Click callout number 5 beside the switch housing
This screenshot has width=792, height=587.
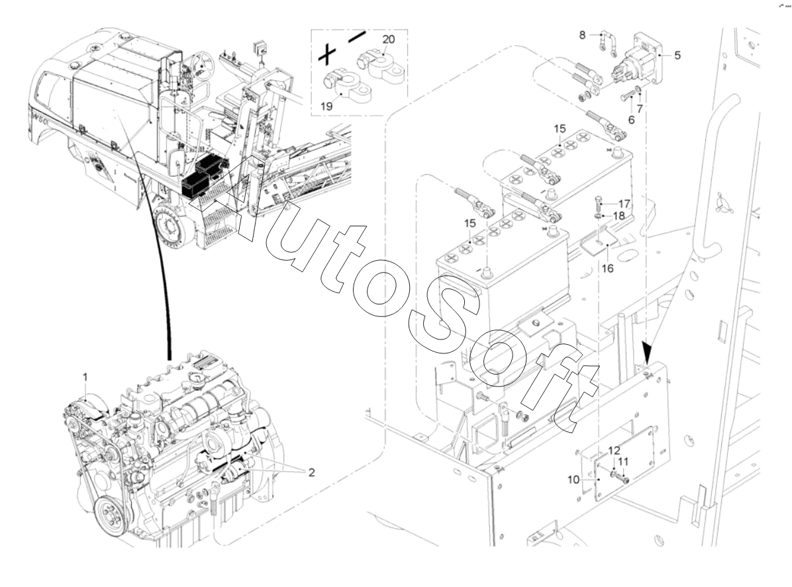tap(677, 56)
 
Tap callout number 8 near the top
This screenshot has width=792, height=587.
tap(583, 34)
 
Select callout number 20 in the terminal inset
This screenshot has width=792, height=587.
tap(389, 39)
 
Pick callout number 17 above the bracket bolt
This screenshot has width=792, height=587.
tap(624, 204)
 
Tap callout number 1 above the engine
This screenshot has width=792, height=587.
tap(85, 377)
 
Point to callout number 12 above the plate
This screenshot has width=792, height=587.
tap(614, 449)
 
